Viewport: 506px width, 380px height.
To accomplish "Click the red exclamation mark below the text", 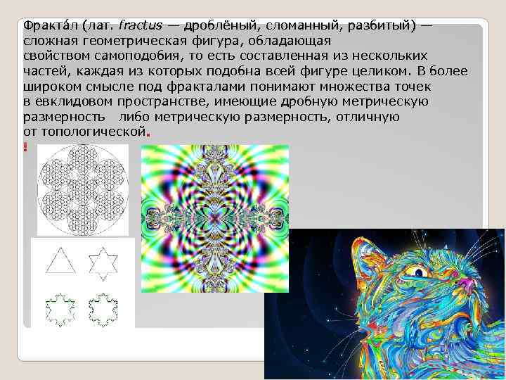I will point(25,146).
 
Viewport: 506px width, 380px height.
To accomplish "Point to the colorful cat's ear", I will point(365,257).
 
